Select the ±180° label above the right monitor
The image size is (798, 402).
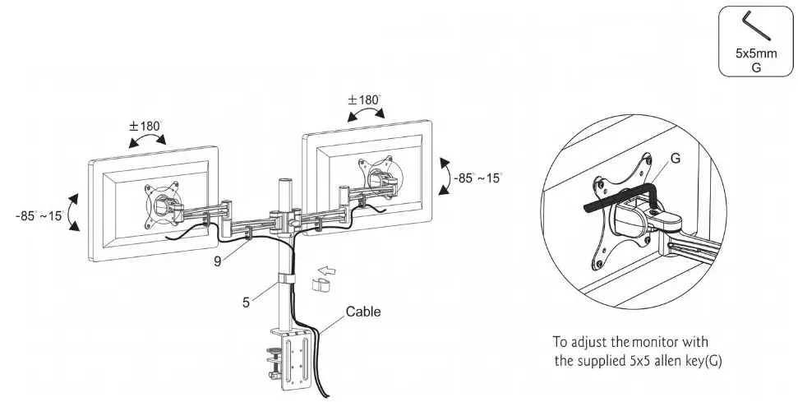364,100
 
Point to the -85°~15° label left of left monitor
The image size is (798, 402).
39,215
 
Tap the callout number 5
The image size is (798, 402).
246,301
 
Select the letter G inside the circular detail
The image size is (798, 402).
674,159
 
